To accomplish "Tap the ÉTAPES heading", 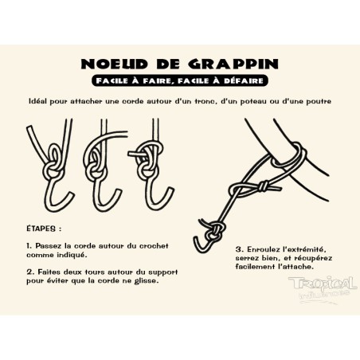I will (43, 227).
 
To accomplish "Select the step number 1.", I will (28, 247).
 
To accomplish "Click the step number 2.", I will (28, 271).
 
